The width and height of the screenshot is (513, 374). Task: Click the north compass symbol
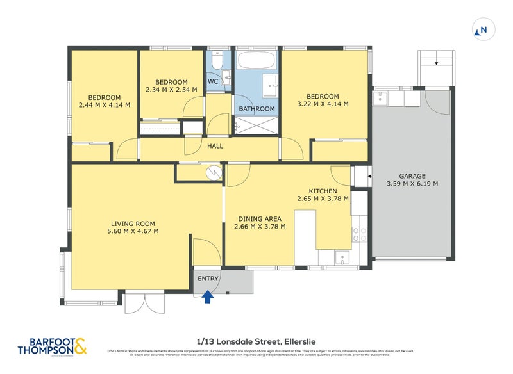(x=482, y=29)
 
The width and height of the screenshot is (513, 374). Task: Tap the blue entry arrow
(x=207, y=296)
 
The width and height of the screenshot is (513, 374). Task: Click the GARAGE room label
(x=412, y=175)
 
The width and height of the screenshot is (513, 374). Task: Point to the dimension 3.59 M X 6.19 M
(x=412, y=184)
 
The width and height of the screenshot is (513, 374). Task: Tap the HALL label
(x=215, y=147)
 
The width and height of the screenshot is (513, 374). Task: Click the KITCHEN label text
(x=323, y=191)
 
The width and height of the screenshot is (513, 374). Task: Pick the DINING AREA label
(x=260, y=218)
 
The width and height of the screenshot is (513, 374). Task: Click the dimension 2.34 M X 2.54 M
(x=171, y=90)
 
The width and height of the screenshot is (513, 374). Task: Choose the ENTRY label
(x=208, y=279)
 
